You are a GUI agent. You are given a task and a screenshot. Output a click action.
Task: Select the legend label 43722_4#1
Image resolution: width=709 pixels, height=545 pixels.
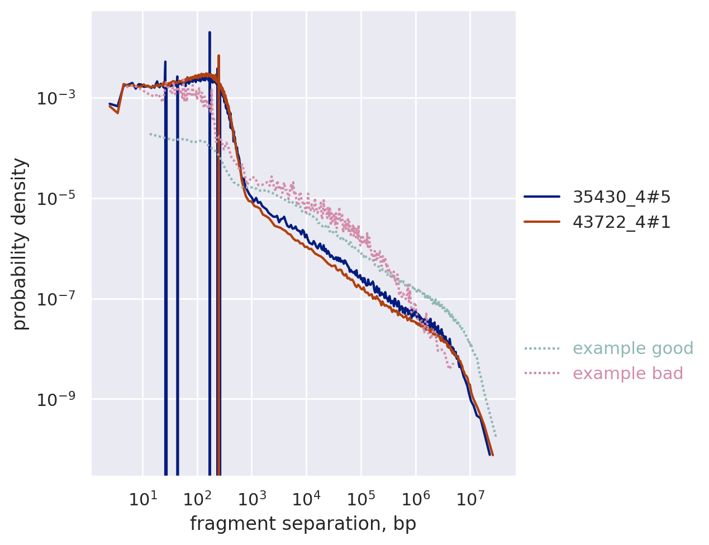click(621, 222)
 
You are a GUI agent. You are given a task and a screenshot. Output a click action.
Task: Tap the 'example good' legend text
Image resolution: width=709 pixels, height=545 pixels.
click(633, 348)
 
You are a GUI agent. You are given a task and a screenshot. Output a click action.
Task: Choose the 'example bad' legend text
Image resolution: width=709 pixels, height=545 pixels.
click(628, 374)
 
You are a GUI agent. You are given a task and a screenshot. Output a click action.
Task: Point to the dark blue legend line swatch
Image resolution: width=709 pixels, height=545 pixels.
click(541, 197)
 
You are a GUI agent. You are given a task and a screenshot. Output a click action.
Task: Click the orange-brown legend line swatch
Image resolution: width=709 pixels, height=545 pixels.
click(541, 222)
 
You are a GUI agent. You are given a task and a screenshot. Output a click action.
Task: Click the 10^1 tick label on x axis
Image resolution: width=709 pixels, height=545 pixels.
click(143, 499)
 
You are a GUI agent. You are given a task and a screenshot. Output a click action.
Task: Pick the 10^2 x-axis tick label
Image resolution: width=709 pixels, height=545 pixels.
click(197, 499)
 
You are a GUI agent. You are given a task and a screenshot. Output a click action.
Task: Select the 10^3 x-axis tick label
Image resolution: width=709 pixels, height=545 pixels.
click(252, 499)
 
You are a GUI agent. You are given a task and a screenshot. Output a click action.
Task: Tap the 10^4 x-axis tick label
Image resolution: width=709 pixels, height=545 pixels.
click(306, 499)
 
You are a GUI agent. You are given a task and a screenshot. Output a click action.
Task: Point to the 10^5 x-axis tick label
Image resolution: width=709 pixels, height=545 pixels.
click(361, 499)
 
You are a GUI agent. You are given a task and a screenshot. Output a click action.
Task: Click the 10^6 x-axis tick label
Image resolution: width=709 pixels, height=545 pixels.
click(416, 499)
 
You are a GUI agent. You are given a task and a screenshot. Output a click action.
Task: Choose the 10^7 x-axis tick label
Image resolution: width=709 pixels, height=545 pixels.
click(470, 499)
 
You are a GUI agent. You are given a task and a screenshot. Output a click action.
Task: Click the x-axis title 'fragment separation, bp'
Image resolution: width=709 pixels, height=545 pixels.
click(303, 524)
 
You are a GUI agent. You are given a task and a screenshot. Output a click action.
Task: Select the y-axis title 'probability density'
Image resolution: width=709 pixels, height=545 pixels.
click(20, 243)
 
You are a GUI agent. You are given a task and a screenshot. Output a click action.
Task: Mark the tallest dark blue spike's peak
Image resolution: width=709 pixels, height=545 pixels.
click(210, 32)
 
